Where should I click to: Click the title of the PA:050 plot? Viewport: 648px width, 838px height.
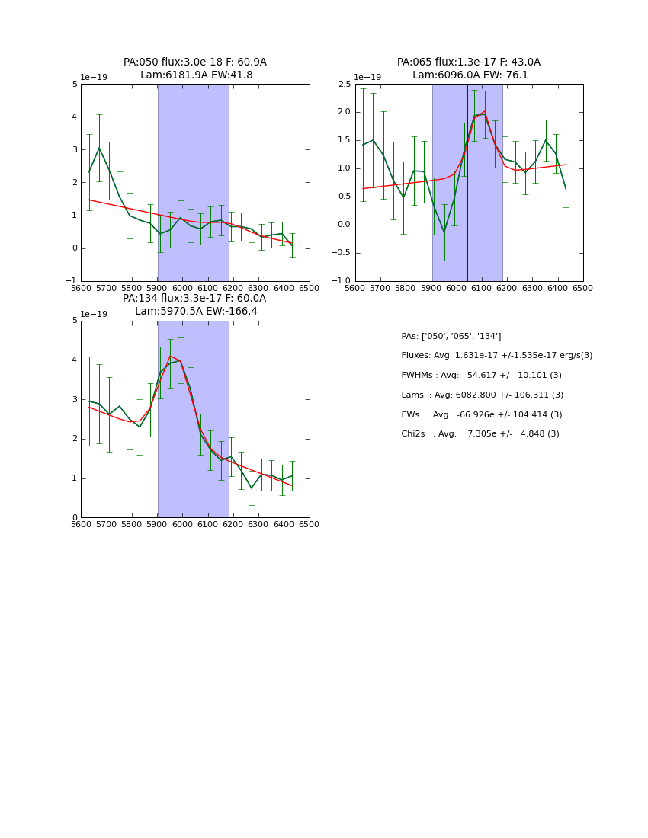click(x=195, y=69)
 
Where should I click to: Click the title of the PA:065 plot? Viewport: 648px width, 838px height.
click(x=469, y=69)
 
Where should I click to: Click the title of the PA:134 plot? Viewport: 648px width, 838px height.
click(x=195, y=305)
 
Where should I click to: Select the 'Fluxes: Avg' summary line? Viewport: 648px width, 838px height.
click(x=496, y=356)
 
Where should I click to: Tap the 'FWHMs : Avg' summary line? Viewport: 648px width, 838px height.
click(x=481, y=376)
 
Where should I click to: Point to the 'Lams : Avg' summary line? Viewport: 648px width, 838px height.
click(x=482, y=395)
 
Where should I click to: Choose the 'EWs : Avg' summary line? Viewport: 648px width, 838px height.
click(x=481, y=414)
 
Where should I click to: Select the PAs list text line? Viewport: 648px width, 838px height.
click(x=451, y=336)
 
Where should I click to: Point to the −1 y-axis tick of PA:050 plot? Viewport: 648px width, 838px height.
click(x=71, y=281)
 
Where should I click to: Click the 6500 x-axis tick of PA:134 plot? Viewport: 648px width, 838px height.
click(x=310, y=524)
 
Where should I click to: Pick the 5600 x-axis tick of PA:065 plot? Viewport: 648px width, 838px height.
click(x=355, y=288)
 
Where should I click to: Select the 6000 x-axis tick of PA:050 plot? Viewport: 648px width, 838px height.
click(x=182, y=288)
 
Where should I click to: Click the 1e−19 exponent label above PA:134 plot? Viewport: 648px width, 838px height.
click(x=95, y=314)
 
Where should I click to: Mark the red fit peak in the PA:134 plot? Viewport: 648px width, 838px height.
click(x=170, y=356)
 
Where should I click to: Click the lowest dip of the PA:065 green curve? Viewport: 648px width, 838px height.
click(x=444, y=232)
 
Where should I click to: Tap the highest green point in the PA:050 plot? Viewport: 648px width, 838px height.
click(x=99, y=148)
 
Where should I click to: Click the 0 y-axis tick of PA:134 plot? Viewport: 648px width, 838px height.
click(x=74, y=518)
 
